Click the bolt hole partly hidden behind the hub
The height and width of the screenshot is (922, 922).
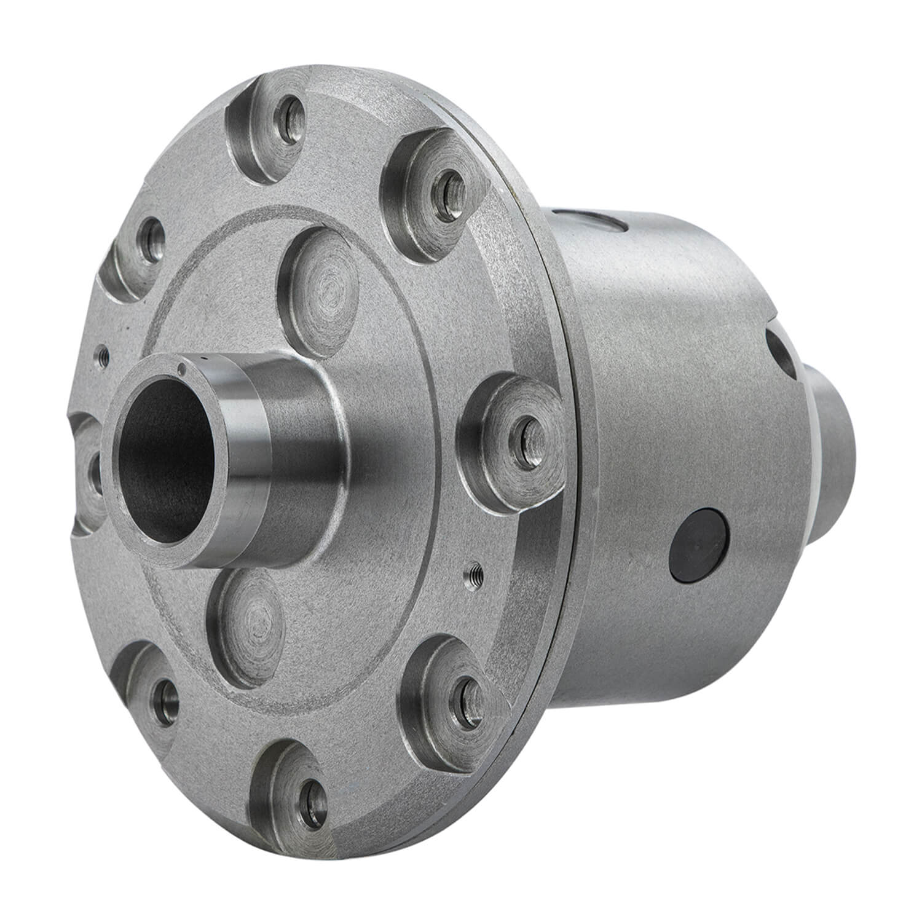pyautogui.click(x=93, y=473)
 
